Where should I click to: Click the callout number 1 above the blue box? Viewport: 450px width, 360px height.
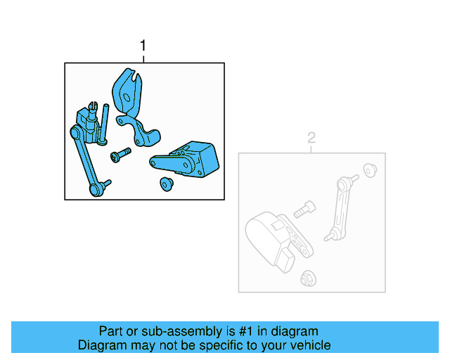tap(143, 46)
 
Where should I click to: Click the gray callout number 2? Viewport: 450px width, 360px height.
tap(312, 139)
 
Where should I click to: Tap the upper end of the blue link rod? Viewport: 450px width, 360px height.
tap(76, 131)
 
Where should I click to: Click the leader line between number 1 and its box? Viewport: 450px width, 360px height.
tap(143, 58)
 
